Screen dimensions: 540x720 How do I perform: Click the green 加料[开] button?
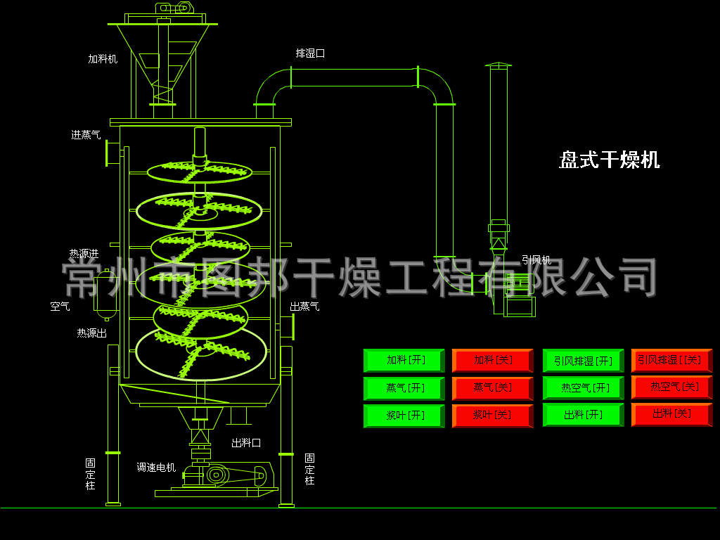tap(404, 361)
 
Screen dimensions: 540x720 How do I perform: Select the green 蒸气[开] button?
tap(404, 388)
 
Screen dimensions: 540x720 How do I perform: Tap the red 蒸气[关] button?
tap(492, 388)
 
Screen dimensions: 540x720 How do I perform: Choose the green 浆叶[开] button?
tap(404, 416)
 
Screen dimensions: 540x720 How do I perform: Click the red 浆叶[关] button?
tap(492, 416)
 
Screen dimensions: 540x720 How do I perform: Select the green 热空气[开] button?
tap(584, 388)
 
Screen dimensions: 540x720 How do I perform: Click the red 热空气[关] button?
tap(671, 387)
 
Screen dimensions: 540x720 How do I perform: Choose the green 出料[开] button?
tap(584, 416)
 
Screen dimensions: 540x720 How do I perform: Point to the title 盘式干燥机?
tap(610, 160)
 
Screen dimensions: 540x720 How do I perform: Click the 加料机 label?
tap(103, 60)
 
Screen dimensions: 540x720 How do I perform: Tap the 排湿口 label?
tap(310, 53)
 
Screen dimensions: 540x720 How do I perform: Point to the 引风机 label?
tap(536, 260)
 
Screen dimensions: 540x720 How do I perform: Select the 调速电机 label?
tap(156, 467)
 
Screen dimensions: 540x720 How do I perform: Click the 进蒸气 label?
tap(86, 135)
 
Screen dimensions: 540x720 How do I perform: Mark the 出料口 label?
tap(246, 443)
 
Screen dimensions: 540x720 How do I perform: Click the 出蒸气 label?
tap(304, 307)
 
